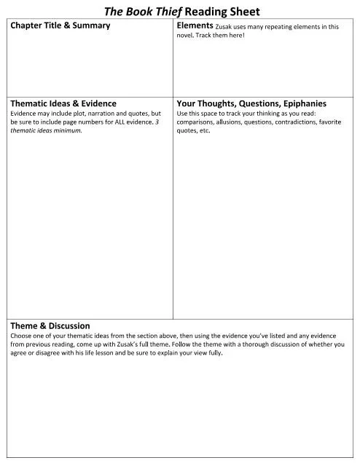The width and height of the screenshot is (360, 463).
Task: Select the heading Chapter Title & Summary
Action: click(x=60, y=25)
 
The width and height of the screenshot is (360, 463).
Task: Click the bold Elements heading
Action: click(x=195, y=25)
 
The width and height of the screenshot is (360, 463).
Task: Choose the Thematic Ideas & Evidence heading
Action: click(x=63, y=103)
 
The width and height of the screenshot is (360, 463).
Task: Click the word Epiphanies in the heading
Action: click(x=301, y=103)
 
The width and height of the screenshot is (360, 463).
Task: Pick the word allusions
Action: click(x=229, y=122)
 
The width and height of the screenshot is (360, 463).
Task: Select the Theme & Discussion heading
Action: click(x=50, y=325)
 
